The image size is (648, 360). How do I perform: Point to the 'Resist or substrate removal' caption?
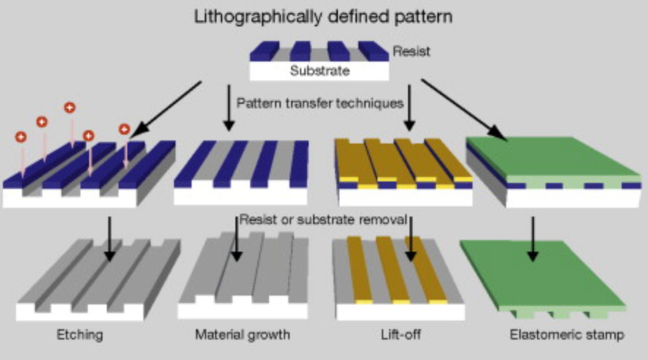pyautogui.click(x=324, y=219)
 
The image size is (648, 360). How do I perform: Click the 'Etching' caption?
pyautogui.click(x=80, y=336)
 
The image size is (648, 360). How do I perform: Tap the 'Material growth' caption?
pyautogui.click(x=242, y=336)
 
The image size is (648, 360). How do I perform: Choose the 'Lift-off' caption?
pyautogui.click(x=396, y=336)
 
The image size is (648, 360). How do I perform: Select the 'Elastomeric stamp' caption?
pyautogui.click(x=567, y=336)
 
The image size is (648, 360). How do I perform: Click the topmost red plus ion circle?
pyautogui.click(x=70, y=108)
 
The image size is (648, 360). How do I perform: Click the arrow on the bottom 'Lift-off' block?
pyautogui.click(x=410, y=238)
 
